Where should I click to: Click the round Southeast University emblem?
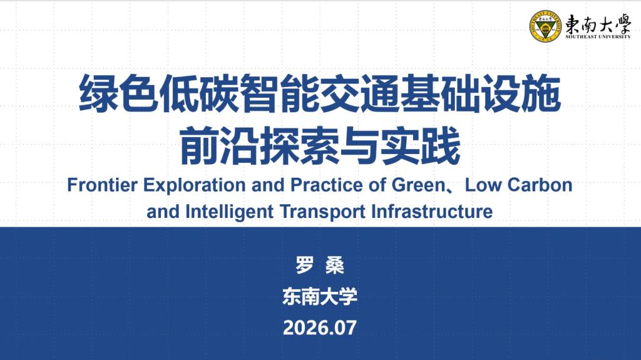[x=545, y=26]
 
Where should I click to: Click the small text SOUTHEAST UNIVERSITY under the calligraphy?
[x=598, y=36]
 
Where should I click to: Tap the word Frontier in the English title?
[x=102, y=185]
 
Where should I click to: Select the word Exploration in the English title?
[x=195, y=186]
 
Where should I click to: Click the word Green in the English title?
[x=418, y=185]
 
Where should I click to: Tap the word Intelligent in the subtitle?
[x=229, y=212]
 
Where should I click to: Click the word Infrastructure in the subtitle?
[x=432, y=212]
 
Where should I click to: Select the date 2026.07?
[x=320, y=327]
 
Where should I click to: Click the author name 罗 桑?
[x=320, y=265]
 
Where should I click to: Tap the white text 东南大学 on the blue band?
[x=320, y=296]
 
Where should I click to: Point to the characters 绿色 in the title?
[x=118, y=93]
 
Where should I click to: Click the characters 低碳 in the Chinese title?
[x=198, y=93]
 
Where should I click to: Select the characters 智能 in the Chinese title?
[x=279, y=93]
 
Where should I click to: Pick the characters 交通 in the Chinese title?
[x=359, y=93]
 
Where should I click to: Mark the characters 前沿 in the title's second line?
[x=219, y=146]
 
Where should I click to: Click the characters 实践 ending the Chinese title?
[x=420, y=146]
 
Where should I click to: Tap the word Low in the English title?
[x=483, y=185]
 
